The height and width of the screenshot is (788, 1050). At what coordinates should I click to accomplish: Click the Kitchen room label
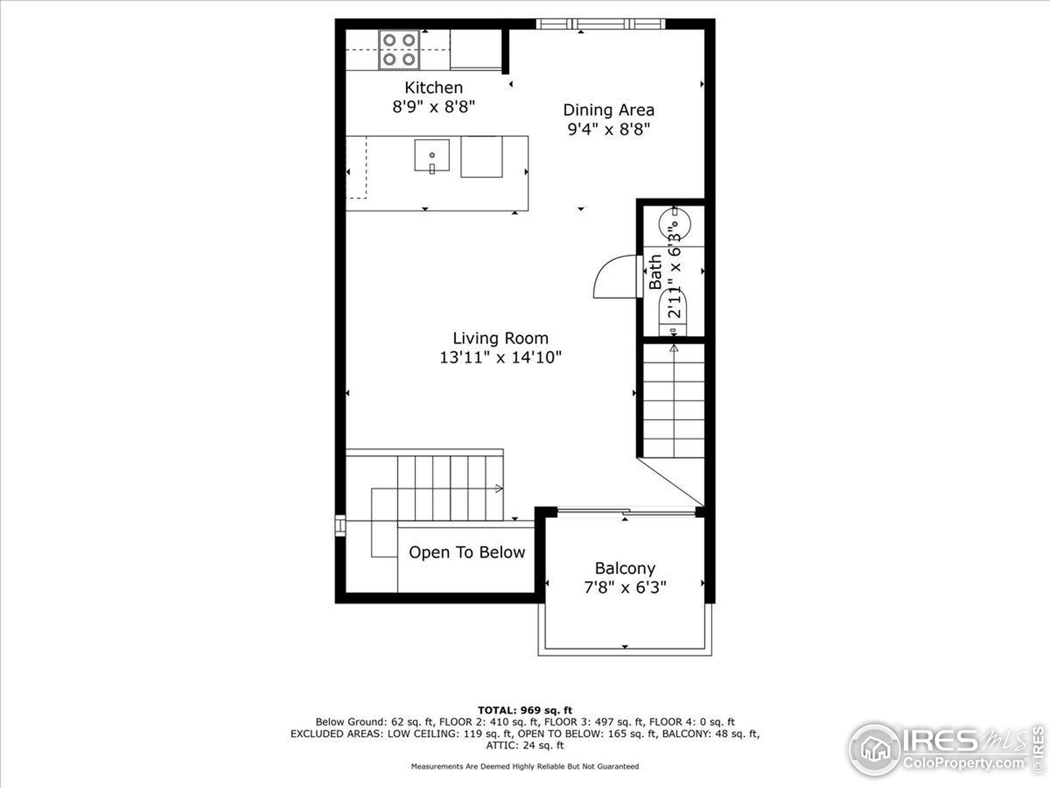(x=434, y=87)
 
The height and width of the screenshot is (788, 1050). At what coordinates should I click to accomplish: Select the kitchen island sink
(x=431, y=155)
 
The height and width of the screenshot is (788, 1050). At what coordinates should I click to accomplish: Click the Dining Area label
(x=609, y=110)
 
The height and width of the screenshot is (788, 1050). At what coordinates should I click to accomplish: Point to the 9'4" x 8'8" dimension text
(x=609, y=129)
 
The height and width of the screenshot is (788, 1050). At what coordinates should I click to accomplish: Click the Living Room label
(x=500, y=338)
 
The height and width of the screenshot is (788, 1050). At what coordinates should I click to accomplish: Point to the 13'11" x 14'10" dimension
(x=500, y=357)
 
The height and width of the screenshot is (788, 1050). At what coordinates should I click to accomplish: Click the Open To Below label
(x=467, y=552)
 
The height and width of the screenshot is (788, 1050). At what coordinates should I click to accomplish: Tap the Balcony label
(x=625, y=568)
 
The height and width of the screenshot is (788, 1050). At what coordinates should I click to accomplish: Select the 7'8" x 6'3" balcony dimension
(x=625, y=588)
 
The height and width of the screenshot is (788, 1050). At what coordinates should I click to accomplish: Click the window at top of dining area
(x=600, y=24)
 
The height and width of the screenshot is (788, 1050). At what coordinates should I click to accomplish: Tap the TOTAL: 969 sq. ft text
(x=525, y=710)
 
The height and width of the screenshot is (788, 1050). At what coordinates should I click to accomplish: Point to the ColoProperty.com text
(x=963, y=763)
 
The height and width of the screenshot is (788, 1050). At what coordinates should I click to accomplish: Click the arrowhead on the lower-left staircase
(x=498, y=488)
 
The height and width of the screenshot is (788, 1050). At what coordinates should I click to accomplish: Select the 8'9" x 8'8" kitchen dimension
(x=434, y=107)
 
